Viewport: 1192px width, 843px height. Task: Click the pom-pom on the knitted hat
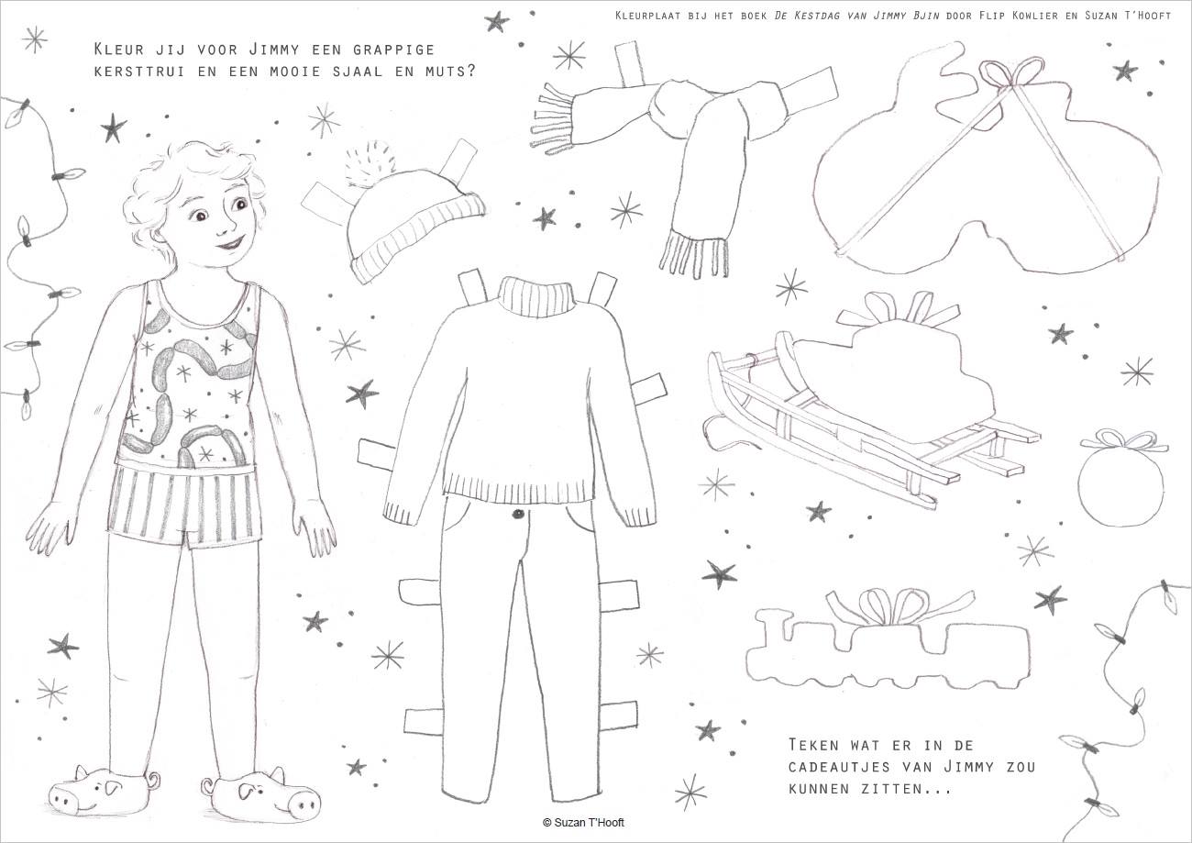pos(370,163)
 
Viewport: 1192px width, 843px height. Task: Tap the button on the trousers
pos(517,514)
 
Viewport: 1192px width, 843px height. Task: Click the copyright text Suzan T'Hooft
pos(583,822)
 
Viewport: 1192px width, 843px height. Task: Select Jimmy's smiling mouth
pos(231,244)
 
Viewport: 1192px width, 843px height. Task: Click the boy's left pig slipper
pos(260,795)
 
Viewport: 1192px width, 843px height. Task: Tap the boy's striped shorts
pos(184,504)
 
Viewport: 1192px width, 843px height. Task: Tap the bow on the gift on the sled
pos(900,309)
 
